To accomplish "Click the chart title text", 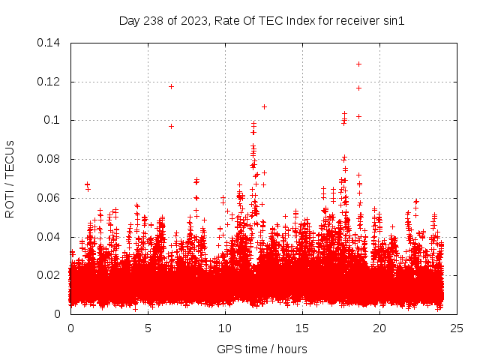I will click(x=262, y=21).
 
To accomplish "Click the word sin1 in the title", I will click(x=394, y=21).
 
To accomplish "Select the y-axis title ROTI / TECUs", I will click(x=10, y=178).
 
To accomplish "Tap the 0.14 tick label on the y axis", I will click(x=51, y=43).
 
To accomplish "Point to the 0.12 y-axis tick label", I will click(x=51, y=82).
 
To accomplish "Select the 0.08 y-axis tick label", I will click(x=51, y=159).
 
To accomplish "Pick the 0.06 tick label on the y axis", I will click(x=51, y=198).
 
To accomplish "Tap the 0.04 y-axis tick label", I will click(x=51, y=237).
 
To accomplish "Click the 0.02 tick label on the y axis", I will click(x=51, y=275).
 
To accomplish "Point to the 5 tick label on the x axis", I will click(x=148, y=328).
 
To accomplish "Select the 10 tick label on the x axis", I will click(x=225, y=328).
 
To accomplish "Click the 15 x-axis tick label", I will click(x=302, y=328).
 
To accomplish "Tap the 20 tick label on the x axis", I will click(x=379, y=328).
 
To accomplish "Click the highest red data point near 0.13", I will click(x=358, y=64).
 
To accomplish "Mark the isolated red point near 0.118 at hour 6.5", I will click(x=171, y=86).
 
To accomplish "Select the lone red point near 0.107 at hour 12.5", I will click(x=264, y=106).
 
